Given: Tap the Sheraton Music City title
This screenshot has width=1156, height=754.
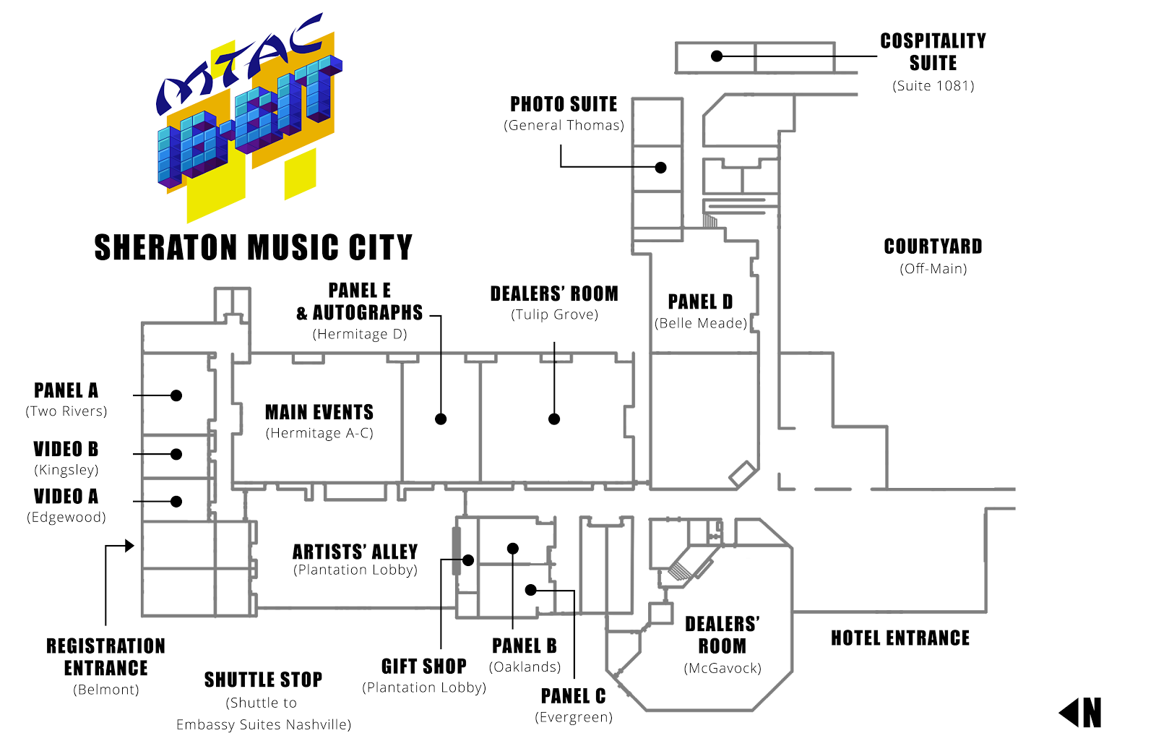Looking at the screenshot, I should (x=253, y=247).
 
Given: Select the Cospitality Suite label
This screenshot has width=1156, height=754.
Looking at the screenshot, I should (x=933, y=52).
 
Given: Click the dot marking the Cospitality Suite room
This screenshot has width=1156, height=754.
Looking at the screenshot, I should (x=717, y=56).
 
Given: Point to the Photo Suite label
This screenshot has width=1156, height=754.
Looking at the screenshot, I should (x=564, y=105).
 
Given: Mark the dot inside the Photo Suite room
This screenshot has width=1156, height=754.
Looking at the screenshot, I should (x=660, y=167).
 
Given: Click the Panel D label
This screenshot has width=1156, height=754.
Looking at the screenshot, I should (x=700, y=301).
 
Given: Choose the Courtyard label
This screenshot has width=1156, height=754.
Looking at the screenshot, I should (x=933, y=247).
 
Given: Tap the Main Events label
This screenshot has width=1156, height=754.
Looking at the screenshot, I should (x=319, y=412).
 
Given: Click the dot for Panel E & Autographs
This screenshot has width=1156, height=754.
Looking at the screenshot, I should (x=441, y=419).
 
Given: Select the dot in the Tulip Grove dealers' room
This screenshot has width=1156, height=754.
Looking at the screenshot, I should (x=554, y=419).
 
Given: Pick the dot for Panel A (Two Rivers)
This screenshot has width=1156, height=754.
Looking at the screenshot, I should (x=176, y=395).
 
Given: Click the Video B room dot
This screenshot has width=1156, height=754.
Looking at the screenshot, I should (x=176, y=454).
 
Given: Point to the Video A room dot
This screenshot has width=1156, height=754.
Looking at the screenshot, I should (x=176, y=501).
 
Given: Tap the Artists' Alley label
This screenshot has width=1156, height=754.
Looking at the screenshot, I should (x=355, y=552).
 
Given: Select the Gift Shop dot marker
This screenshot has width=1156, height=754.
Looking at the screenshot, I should (x=468, y=560).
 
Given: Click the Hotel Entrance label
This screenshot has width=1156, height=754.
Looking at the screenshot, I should (x=900, y=638).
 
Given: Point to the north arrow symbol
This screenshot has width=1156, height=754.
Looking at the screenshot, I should (x=1081, y=713).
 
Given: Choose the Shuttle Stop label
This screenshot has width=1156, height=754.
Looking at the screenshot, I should (x=263, y=680).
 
